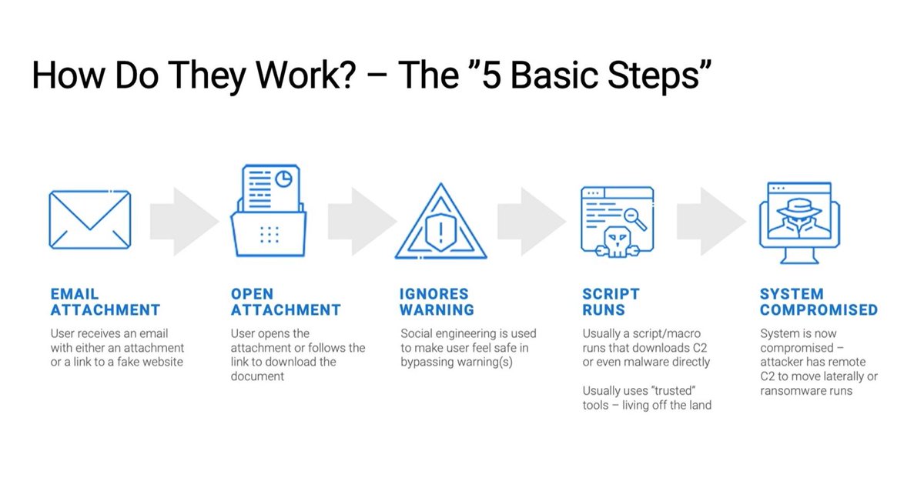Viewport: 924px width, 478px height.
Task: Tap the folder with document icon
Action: (269, 211)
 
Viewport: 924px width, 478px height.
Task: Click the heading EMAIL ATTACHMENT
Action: (105, 302)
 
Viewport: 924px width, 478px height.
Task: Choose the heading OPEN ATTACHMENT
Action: (285, 302)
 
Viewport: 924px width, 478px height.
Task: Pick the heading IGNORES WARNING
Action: (437, 302)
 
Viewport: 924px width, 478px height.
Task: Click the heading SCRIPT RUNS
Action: (611, 302)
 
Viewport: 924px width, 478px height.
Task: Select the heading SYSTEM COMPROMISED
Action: (819, 302)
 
